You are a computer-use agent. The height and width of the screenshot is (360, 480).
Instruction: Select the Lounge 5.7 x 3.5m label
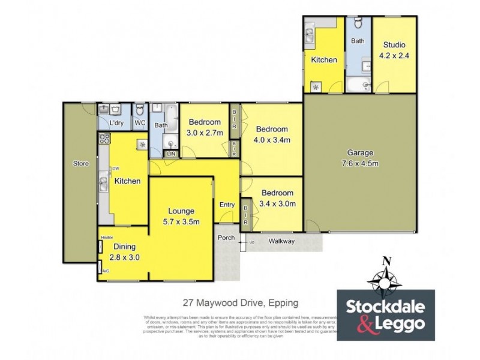coord(181,216)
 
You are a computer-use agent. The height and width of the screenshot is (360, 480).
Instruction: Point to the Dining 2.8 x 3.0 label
coord(124,251)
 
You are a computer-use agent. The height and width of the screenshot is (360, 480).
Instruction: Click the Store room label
coord(81,163)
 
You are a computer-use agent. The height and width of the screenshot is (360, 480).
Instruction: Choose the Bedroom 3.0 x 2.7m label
coord(205,128)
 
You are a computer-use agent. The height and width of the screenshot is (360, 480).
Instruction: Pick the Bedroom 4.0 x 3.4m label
coord(272,134)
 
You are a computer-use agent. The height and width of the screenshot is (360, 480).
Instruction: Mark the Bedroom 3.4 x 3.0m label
coord(277,198)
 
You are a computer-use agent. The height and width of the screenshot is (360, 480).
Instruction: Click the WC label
coord(140,123)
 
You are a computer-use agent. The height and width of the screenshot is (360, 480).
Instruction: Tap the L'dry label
coord(116,123)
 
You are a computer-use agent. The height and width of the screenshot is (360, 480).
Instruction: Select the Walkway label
coord(281,241)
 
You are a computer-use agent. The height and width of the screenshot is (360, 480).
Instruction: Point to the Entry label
coord(227,205)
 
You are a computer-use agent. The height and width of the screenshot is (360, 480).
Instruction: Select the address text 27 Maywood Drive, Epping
coord(241,303)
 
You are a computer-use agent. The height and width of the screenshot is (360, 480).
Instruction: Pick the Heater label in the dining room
coord(107,237)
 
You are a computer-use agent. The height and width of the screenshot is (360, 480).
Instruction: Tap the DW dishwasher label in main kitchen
coord(115,169)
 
